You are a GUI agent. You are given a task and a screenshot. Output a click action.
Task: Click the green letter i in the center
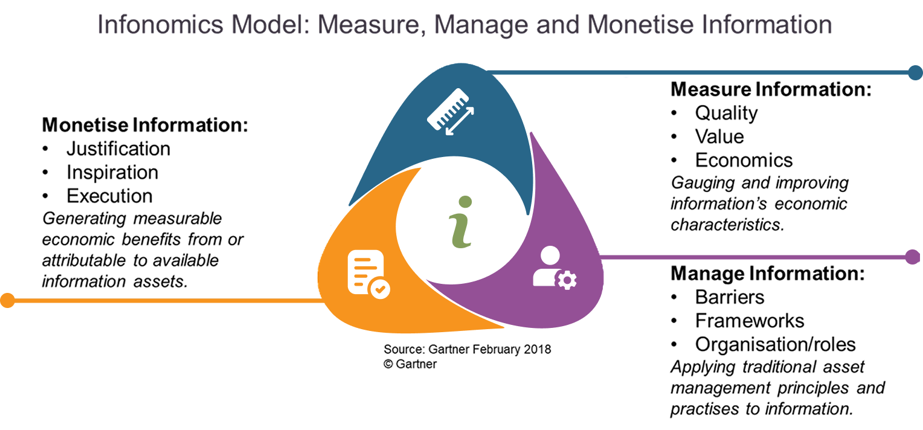tap(461, 222)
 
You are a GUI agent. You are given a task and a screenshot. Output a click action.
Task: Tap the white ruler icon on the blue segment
tap(451, 111)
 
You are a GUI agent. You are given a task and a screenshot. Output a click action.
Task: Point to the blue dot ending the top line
tap(915, 73)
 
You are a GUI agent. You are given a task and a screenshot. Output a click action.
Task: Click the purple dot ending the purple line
tap(913, 257)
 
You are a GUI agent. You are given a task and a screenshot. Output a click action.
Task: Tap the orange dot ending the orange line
tap(7, 300)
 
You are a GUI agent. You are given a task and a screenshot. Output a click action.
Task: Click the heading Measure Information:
tap(771, 89)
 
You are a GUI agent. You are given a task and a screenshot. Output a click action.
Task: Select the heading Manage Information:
tap(768, 274)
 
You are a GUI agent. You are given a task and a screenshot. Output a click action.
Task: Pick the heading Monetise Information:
tap(145, 125)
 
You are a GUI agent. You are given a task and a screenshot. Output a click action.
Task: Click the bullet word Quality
tap(727, 114)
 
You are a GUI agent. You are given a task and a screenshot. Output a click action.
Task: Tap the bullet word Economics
tap(744, 160)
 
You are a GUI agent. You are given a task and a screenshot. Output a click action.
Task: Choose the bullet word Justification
tap(118, 149)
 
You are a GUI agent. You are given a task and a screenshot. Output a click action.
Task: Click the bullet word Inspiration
tap(112, 173)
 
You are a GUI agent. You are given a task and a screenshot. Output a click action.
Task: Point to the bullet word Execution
tap(109, 196)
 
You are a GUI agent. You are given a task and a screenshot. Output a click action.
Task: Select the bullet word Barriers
tap(730, 297)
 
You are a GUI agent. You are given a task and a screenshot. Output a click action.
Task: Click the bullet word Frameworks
tap(750, 321)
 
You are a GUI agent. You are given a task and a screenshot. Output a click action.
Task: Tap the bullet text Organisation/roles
tap(776, 345)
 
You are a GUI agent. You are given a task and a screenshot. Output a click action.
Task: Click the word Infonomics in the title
tap(160, 24)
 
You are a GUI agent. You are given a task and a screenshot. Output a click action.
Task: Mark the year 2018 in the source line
tap(538, 349)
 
